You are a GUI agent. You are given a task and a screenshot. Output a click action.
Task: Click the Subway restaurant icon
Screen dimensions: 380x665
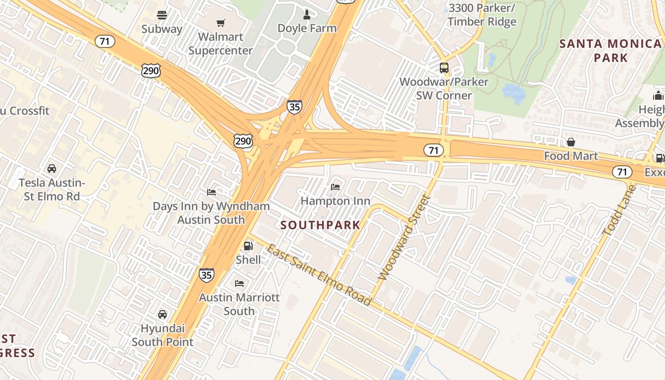coord(162,15)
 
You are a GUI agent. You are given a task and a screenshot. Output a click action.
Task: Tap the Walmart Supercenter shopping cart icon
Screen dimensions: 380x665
coord(220,23)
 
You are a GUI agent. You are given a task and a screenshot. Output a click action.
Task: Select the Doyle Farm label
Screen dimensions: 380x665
coord(307,28)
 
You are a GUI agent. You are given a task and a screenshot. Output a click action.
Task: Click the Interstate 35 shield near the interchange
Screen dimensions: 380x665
coord(294,106)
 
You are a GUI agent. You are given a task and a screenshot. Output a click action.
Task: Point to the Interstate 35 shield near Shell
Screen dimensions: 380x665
coord(206,275)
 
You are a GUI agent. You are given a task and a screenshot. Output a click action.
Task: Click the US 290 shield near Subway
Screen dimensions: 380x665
coord(151,71)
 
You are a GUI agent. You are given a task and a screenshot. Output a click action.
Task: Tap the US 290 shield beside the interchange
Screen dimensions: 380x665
coord(243,141)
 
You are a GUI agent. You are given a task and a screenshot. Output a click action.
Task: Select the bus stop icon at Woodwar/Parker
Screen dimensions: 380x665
coord(444,68)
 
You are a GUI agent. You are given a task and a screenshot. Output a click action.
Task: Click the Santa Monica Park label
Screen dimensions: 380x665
coord(610,51)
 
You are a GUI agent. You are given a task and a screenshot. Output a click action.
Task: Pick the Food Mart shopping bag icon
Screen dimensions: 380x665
coord(571,142)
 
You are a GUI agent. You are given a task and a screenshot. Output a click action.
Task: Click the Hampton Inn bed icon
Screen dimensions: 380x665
coord(335,187)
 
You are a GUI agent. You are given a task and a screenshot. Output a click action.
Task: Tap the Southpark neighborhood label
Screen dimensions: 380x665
coord(321,225)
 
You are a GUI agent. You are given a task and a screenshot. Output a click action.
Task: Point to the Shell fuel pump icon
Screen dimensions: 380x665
coord(248,246)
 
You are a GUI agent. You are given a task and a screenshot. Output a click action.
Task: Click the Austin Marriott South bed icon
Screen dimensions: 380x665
coord(239,284)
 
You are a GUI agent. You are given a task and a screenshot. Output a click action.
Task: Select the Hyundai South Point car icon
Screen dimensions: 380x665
coord(162,314)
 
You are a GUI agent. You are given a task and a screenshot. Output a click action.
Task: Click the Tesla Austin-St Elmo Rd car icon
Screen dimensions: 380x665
coord(52,169)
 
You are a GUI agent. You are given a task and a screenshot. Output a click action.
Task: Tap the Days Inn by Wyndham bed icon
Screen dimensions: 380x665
coord(211,192)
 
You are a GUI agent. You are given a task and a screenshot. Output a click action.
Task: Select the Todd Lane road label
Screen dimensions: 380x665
coord(619,210)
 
